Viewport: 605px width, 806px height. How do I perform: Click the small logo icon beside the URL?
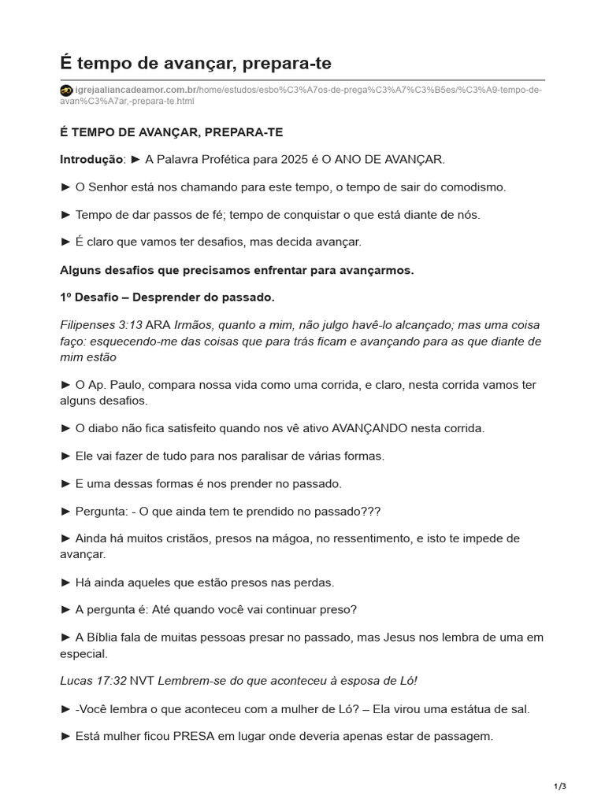pyautogui.click(x=66, y=90)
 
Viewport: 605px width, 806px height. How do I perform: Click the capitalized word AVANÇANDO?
pyautogui.click(x=369, y=428)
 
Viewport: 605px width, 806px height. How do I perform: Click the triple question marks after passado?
pyautogui.click(x=369, y=511)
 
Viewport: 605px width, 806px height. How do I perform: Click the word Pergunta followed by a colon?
pyautogui.click(x=101, y=511)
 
